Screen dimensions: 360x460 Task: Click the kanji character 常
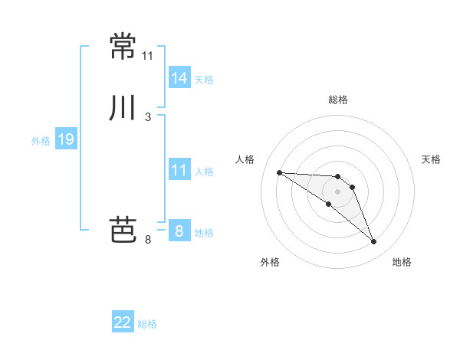[123, 46]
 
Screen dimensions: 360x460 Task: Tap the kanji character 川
[123, 108]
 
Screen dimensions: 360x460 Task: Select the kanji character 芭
[123, 230]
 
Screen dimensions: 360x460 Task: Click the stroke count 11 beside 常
[147, 56]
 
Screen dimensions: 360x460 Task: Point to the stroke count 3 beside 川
[148, 117]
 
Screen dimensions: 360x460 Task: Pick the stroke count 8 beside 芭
[148, 240]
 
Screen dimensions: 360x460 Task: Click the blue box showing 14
[179, 78]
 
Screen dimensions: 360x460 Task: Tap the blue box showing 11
[179, 170]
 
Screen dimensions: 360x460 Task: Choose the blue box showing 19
[65, 139]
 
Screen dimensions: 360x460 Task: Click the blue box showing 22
[123, 322]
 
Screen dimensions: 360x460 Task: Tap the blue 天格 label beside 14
[204, 80]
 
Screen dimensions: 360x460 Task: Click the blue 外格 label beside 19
[41, 141]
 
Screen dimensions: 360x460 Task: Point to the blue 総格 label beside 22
[147, 324]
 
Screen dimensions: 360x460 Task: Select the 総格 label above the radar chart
[338, 100]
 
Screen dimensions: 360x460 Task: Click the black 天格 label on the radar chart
[431, 159]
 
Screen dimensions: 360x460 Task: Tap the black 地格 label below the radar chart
[402, 262]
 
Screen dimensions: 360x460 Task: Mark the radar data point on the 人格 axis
[279, 172]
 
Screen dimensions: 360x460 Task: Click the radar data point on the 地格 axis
[374, 242]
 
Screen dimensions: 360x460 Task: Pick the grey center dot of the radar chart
[338, 191]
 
